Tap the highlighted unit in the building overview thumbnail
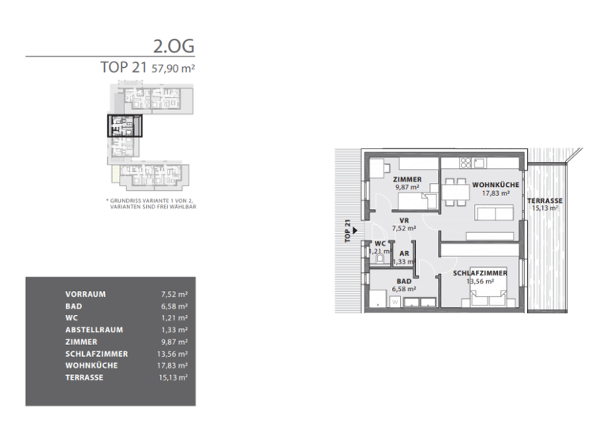pyautogui.click(x=125, y=126)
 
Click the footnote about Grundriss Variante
pyautogui.click(x=151, y=204)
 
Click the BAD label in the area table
pyautogui.click(x=74, y=306)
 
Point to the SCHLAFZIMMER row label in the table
pyautogui.click(x=96, y=354)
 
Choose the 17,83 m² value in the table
pyautogui.click(x=173, y=366)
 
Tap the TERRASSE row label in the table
pyautogui.click(x=84, y=378)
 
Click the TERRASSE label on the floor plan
pyautogui.click(x=545, y=201)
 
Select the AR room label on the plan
pyautogui.click(x=404, y=253)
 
